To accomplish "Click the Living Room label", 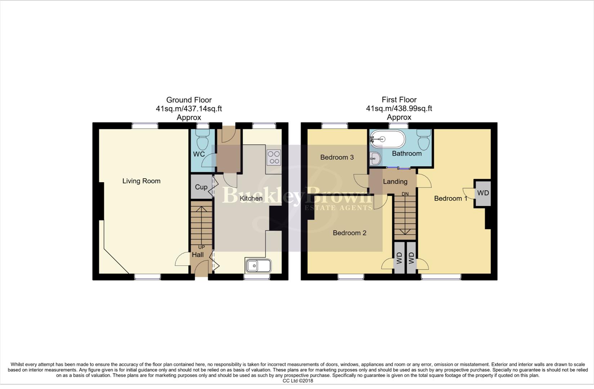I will (141, 181).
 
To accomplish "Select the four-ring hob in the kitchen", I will (274, 157).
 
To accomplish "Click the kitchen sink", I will (258, 266).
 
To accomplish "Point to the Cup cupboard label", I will (201, 187).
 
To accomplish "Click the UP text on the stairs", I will (201, 247).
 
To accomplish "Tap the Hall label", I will (198, 255).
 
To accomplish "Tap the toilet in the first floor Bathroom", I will (424, 140).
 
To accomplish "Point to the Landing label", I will (395, 182).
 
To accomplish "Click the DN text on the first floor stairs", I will (405, 194).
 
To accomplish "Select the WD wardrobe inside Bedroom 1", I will (483, 193).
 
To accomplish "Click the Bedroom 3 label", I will (337, 157).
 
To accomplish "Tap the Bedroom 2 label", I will (349, 233).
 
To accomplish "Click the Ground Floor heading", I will (189, 100).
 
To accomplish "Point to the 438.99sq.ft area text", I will (411, 108).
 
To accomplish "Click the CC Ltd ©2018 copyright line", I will (298, 381).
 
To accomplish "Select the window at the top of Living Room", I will (145, 126).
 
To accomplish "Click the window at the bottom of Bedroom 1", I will (441, 277).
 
